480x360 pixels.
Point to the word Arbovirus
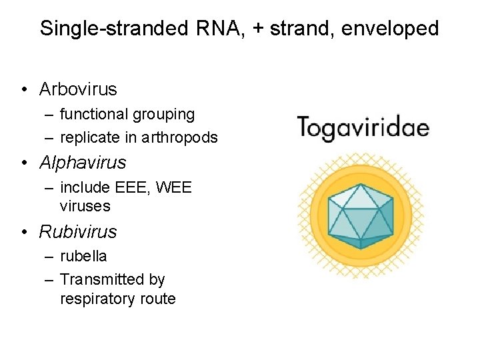(x=78, y=89)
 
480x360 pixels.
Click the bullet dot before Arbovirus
(x=24, y=89)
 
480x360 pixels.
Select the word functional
(x=93, y=115)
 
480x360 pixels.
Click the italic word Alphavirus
(x=83, y=162)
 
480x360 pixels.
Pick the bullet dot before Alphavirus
(x=24, y=163)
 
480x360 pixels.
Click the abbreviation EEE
(x=129, y=188)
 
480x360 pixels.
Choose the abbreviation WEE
(x=174, y=188)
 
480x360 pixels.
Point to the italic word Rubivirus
(x=78, y=232)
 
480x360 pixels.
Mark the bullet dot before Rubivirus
(x=24, y=233)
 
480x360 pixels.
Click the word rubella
(x=83, y=256)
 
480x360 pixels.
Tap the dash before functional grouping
(x=51, y=115)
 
